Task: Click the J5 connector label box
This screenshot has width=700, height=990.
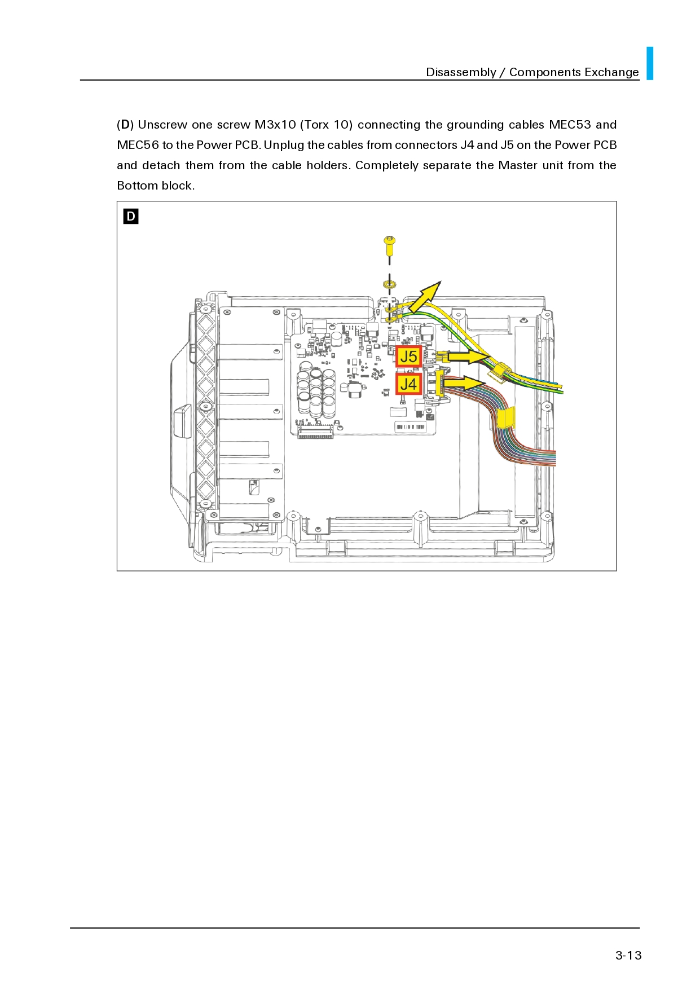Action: coord(408,357)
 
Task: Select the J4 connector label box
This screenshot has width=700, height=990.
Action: coord(408,384)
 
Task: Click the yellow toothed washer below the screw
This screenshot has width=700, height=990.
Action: coord(389,284)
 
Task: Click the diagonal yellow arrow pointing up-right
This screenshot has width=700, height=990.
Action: coord(425,297)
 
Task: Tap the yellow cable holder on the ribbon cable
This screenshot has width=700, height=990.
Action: coord(506,417)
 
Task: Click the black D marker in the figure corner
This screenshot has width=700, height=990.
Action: coord(131,216)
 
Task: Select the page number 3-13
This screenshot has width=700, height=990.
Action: coord(628,955)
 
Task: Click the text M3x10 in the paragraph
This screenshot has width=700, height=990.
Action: coord(275,125)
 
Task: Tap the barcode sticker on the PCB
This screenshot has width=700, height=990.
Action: coord(410,426)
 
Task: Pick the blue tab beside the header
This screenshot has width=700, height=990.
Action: coord(650,63)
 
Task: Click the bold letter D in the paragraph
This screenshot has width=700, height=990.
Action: coord(125,125)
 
